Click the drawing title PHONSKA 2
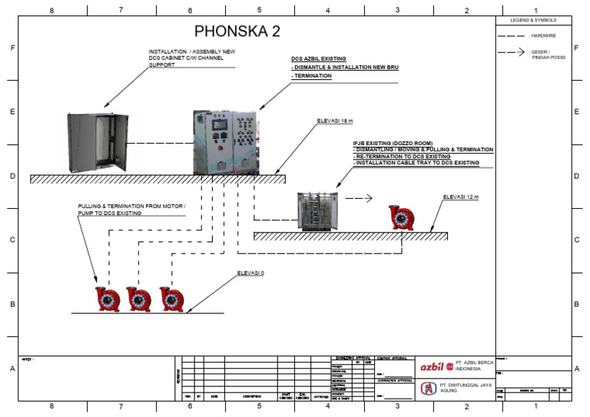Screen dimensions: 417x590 click(x=237, y=31)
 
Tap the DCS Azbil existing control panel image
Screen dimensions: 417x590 click(x=225, y=141)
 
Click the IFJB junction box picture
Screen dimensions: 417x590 click(x=318, y=210)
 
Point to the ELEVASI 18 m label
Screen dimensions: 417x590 click(x=335, y=121)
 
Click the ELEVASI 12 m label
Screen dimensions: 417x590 click(x=461, y=197)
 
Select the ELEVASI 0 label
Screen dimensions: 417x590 click(x=250, y=273)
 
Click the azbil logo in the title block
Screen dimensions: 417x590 click(x=437, y=366)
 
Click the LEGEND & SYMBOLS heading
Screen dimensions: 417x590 click(x=533, y=20)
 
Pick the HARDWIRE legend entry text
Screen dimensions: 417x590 click(x=543, y=35)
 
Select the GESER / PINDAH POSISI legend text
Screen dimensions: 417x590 click(x=546, y=55)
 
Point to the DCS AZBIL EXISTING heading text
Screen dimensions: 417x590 click(x=319, y=58)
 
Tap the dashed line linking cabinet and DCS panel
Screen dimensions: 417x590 click(x=159, y=144)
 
